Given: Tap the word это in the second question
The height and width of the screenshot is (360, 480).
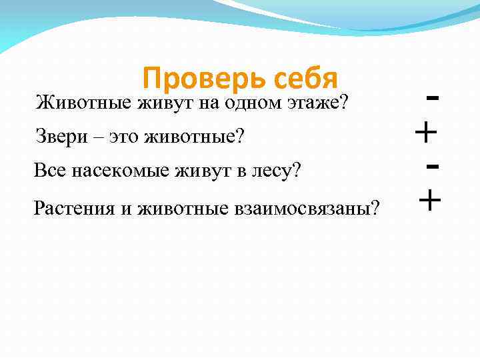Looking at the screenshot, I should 131,137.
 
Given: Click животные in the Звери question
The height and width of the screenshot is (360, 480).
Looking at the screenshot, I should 201,137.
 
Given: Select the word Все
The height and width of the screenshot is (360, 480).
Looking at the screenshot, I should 48,172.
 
